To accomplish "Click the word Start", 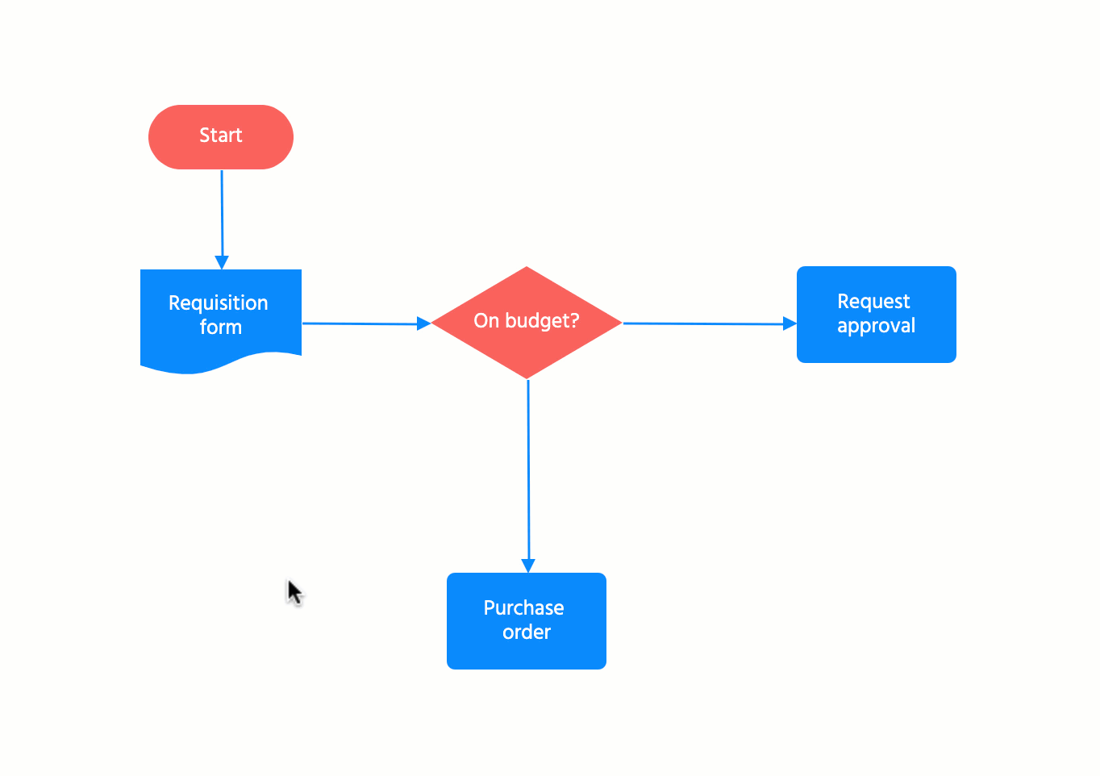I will [220, 136].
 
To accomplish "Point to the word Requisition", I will [218, 303].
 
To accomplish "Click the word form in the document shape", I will [220, 328].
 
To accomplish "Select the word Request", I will [873, 302].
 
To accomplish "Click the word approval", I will [876, 326].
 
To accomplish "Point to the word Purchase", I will [523, 608].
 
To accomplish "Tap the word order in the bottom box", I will [527, 632].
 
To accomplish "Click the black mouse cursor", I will [294, 592].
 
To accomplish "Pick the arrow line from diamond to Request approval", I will [702, 323].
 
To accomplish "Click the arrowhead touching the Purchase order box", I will [528, 566].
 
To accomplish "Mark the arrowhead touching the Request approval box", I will [790, 323].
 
